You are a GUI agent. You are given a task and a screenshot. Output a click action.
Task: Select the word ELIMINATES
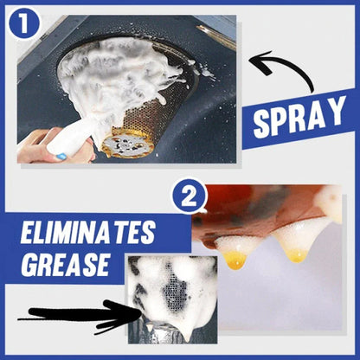coord(88,232)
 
